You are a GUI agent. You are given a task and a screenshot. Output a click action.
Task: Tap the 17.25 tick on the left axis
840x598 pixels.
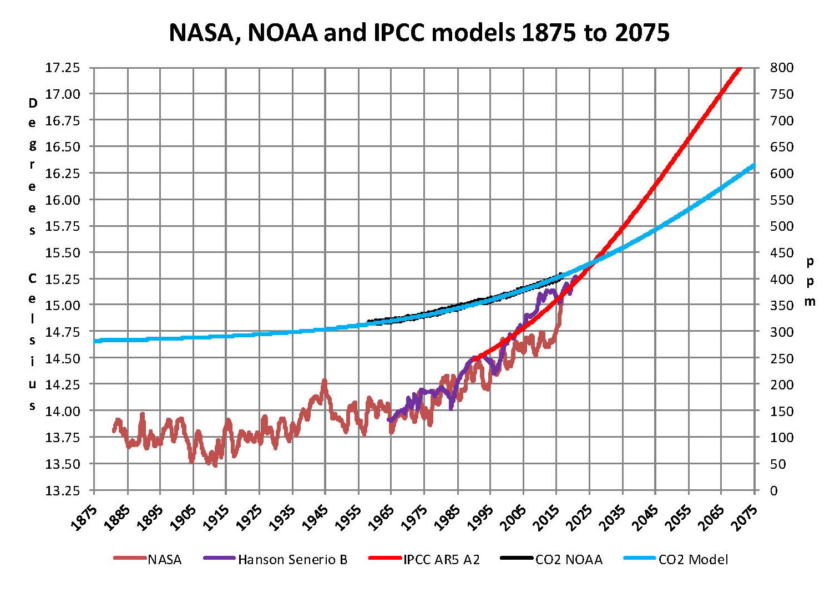[x=62, y=68]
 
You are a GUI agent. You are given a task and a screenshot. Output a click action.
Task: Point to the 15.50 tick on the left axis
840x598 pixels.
[x=62, y=252]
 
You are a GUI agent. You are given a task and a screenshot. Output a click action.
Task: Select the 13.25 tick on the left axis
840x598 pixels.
[x=62, y=490]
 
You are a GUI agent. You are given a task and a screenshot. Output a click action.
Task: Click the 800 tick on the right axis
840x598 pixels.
[x=782, y=68]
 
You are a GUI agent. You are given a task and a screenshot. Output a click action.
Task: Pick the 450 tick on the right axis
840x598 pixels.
[x=782, y=252]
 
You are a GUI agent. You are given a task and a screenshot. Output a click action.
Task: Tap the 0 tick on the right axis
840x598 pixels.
[x=774, y=490]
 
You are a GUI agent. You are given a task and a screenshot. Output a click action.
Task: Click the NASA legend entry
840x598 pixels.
[x=164, y=560]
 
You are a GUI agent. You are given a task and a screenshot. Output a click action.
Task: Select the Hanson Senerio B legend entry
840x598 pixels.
[x=292, y=560]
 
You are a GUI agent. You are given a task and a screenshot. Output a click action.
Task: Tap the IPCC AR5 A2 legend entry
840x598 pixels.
[x=441, y=560]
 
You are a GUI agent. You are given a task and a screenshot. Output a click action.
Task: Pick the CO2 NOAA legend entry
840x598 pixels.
[x=569, y=560]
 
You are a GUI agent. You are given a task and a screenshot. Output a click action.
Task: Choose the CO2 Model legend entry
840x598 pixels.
[x=693, y=560]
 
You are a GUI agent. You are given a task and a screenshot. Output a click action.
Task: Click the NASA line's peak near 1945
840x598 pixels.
[x=325, y=381]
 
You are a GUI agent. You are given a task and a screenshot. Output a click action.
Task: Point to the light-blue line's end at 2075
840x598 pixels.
[x=754, y=165]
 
